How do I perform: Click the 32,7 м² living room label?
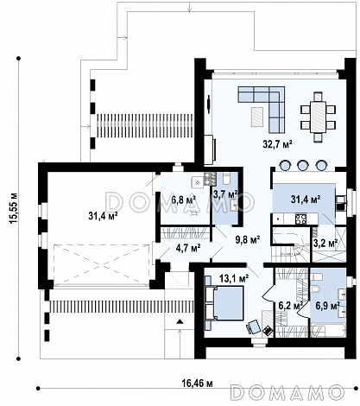(x=277, y=143)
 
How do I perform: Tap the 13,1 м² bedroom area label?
(x=234, y=278)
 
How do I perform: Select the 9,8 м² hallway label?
(x=248, y=239)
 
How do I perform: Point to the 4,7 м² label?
(x=188, y=248)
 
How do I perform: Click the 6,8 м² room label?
(x=184, y=200)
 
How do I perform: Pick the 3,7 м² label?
(x=225, y=194)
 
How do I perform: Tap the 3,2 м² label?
(x=325, y=244)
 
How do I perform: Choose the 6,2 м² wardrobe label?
(x=291, y=305)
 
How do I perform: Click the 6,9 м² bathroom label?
(x=328, y=305)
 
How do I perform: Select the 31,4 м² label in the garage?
(x=104, y=216)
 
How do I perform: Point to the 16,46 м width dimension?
(x=197, y=384)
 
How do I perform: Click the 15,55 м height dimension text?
(x=13, y=208)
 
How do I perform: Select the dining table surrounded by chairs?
(x=318, y=117)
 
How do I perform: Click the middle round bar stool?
(x=302, y=165)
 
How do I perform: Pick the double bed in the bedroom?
(x=225, y=303)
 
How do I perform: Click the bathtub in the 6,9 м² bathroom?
(x=328, y=330)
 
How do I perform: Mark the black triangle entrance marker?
(x=180, y=321)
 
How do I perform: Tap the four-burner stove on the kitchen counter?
(x=300, y=219)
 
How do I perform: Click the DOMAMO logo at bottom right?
(x=288, y=392)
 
